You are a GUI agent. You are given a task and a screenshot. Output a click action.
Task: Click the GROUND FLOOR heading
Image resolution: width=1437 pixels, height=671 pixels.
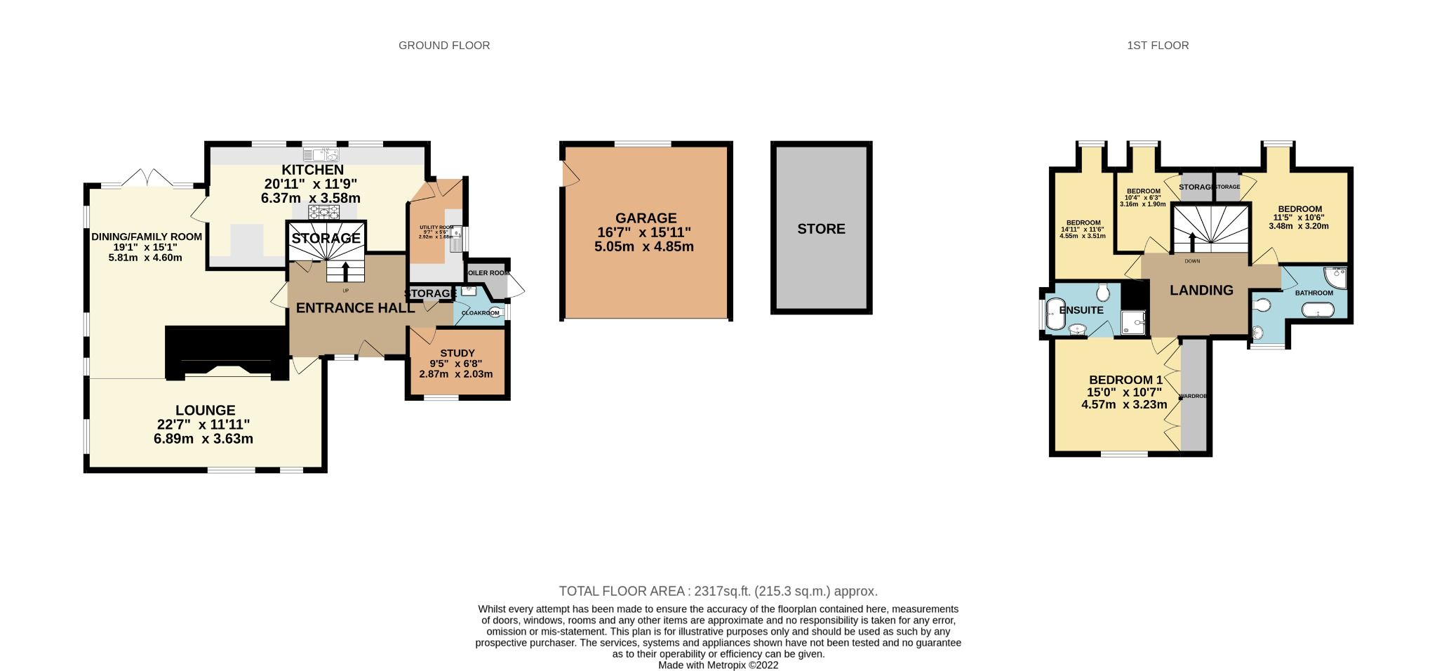click(x=444, y=46)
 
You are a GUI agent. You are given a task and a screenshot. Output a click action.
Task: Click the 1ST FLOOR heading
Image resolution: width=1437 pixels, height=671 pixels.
click(x=1158, y=46)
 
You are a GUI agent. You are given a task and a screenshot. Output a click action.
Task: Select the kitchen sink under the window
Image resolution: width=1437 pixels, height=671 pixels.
click(x=321, y=153)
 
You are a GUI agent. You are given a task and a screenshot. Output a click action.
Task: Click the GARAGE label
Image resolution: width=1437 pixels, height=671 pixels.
click(x=646, y=218)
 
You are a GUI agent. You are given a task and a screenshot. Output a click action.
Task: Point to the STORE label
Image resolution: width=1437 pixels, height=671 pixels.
click(x=821, y=229)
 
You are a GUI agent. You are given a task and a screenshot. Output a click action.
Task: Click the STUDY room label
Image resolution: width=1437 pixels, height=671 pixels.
click(x=457, y=353)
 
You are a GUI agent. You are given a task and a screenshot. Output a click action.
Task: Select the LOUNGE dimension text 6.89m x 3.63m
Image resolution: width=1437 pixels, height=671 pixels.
click(x=203, y=439)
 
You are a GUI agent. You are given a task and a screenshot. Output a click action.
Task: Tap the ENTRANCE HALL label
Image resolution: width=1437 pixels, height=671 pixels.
click(x=355, y=307)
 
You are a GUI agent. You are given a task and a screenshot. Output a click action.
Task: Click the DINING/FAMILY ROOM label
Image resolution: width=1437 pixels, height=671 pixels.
click(x=147, y=237)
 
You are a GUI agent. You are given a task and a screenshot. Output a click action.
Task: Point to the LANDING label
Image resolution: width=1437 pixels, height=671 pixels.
click(x=1201, y=290)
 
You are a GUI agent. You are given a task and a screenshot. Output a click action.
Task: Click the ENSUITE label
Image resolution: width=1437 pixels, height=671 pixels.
click(x=1081, y=310)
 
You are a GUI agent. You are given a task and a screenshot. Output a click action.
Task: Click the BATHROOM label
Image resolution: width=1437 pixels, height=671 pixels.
click(x=1314, y=293)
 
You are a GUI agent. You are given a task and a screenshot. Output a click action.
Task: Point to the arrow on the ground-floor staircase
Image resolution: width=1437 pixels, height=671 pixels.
click(x=345, y=270)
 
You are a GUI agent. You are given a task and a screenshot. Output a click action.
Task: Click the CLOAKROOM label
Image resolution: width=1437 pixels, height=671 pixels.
click(x=480, y=313)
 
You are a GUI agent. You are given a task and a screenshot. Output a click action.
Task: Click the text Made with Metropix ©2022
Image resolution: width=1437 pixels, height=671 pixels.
click(x=718, y=665)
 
